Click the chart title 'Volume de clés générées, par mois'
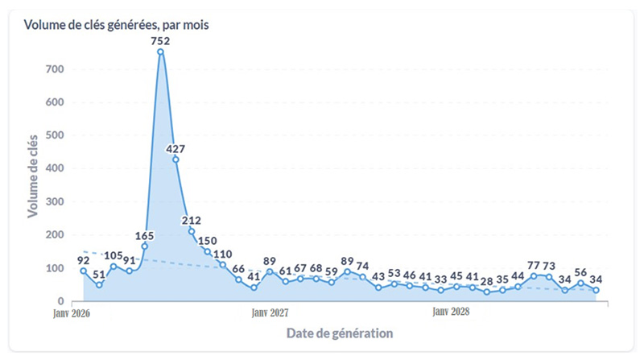tap(117, 25)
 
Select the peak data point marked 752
tap(160, 52)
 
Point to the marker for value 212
tap(192, 231)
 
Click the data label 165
tap(145, 235)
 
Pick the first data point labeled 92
tap(83, 271)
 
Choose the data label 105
tap(114, 255)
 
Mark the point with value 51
tap(99, 284)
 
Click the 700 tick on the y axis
tap(55, 69)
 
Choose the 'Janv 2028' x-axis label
tap(451, 312)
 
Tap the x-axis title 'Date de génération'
tap(339, 333)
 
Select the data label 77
tap(534, 265)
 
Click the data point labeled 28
tap(487, 292)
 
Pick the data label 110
tap(223, 254)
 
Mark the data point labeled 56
tap(580, 283)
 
